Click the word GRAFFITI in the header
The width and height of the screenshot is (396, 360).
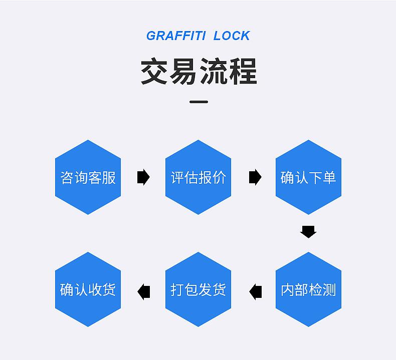(x=176, y=36)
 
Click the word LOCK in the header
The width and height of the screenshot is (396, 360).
(x=232, y=36)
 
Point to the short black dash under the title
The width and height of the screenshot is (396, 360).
(x=199, y=102)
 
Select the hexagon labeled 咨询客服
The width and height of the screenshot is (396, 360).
(x=88, y=177)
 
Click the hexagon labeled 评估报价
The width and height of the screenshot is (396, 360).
(x=198, y=177)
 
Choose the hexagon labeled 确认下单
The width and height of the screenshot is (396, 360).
(x=308, y=177)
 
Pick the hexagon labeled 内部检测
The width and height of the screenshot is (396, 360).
(x=308, y=289)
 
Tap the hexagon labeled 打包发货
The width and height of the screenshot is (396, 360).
(x=198, y=289)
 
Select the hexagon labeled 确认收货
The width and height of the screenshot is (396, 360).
(x=88, y=289)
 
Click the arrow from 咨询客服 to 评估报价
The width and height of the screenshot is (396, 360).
(x=143, y=177)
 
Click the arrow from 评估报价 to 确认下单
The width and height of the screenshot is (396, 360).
(x=255, y=177)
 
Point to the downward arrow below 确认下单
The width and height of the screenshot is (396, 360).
(x=308, y=232)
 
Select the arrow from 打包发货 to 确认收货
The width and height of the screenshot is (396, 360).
(x=144, y=291)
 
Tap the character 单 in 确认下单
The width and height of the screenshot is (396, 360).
(x=329, y=177)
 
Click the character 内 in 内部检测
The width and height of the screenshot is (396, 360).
(x=287, y=289)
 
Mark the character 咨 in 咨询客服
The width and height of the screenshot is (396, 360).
(x=67, y=177)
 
